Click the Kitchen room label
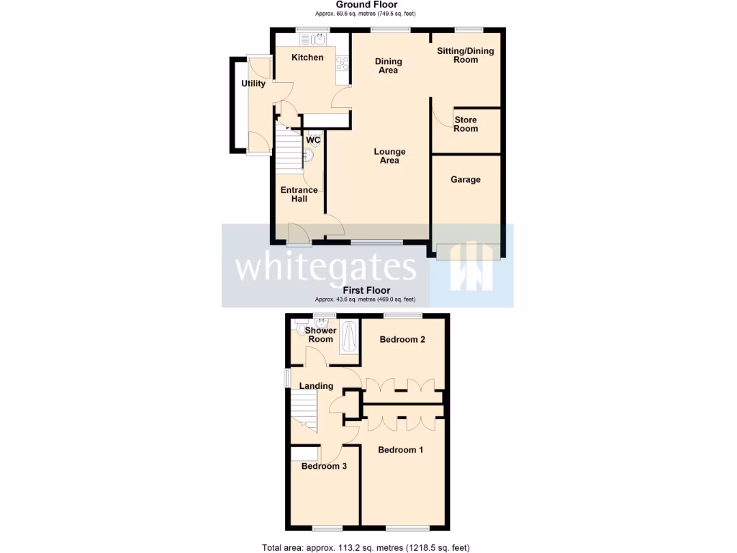tap(307, 58)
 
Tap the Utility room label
tap(253, 84)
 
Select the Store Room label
tap(466, 124)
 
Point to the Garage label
tap(466, 179)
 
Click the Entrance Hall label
tap(299, 194)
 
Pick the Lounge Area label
tap(389, 156)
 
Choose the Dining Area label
tap(388, 66)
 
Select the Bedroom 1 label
tap(401, 450)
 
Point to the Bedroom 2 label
tap(402, 339)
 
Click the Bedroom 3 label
tap(324, 466)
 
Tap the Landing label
tap(317, 386)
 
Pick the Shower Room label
tap(320, 335)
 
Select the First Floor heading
tap(367, 291)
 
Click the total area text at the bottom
tap(366, 547)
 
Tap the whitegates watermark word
tap(326, 267)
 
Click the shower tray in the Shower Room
tap(349, 336)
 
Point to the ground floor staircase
tap(290, 151)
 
